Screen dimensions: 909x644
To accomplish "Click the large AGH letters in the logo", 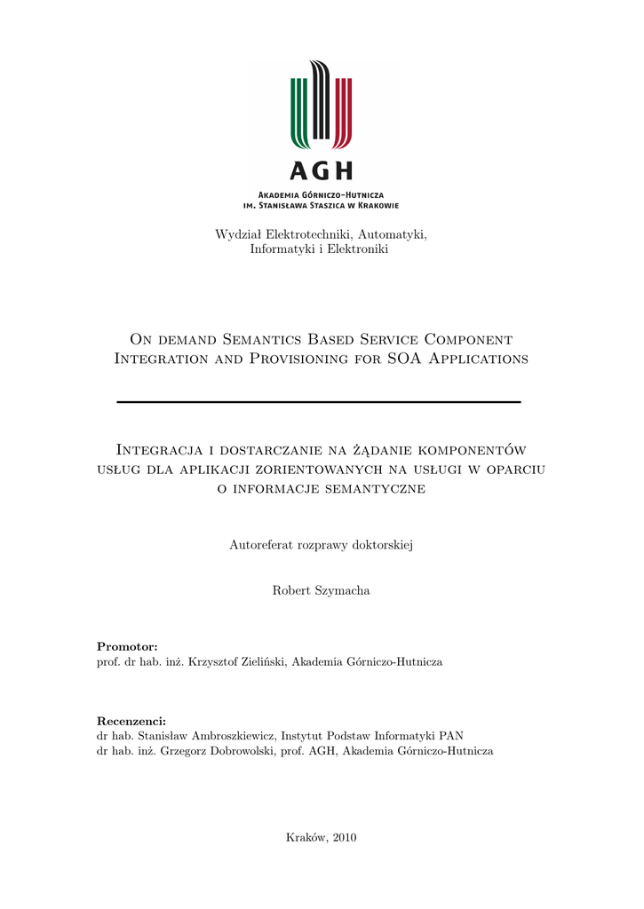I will coord(321,170).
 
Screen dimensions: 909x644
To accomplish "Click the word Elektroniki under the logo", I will coord(359,249).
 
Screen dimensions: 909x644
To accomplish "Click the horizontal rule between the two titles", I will coord(319,402).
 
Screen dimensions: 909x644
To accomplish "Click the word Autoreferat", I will coord(261,544).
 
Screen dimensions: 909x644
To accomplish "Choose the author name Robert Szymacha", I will coord(322,590).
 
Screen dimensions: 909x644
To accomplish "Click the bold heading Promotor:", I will coord(127,645).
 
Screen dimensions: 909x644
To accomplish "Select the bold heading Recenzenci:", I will coord(131,720).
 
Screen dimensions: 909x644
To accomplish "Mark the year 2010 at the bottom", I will coord(344,837).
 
